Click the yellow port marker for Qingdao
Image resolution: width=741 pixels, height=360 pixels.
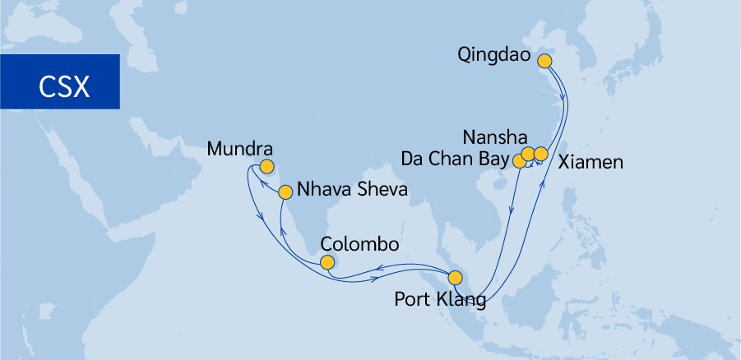pos(544,60)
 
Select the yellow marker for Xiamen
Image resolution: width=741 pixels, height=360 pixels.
pos(540,154)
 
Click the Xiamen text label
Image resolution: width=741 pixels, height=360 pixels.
pos(590,162)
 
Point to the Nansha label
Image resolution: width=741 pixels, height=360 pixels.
pos(491,136)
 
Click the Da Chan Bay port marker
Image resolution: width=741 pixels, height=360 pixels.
pos(519,161)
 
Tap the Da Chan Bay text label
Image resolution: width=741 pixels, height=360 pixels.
pos(453,157)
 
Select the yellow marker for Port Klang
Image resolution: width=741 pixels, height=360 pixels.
pos(455,277)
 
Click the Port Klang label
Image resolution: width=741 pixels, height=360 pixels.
pos(440,300)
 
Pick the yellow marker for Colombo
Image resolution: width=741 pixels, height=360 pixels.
pos(327,263)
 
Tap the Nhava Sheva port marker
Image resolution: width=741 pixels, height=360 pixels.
pos(285,192)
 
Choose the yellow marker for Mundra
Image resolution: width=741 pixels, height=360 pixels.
pos(266,167)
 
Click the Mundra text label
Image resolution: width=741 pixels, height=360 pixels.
pos(240,150)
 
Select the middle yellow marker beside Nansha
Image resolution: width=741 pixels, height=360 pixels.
pos(529,154)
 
